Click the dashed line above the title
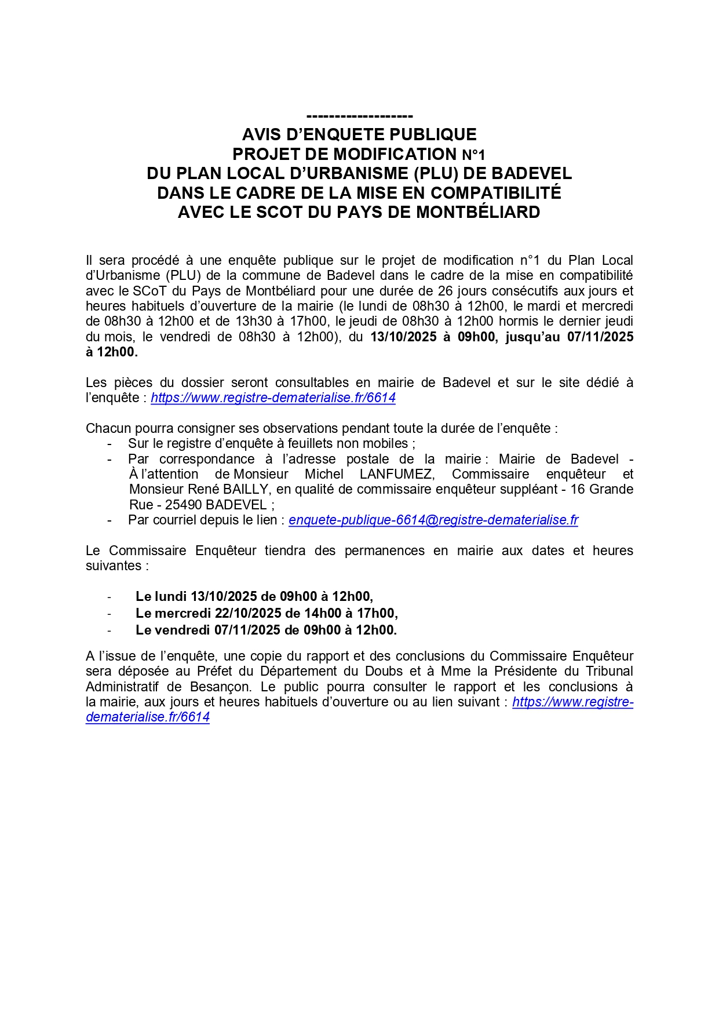click(x=359, y=116)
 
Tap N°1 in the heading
click(x=473, y=155)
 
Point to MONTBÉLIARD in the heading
click(x=478, y=212)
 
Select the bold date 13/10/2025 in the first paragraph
click(x=403, y=337)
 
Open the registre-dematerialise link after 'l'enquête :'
click(x=273, y=398)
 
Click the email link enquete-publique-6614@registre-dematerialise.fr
click(x=433, y=520)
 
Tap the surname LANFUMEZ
click(x=397, y=475)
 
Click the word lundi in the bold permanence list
click(x=170, y=596)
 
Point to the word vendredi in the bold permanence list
click(x=183, y=630)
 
